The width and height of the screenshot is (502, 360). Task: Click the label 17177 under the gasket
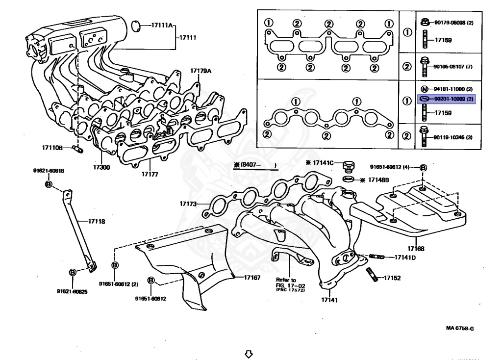150,174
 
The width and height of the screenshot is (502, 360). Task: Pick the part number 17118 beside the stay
97,221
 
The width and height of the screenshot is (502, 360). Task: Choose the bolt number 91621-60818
49,171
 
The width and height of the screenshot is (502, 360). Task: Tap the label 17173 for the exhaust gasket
188,203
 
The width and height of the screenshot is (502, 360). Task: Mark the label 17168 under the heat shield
416,249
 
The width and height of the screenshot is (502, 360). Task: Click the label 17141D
405,257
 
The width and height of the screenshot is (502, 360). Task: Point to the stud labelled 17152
392,278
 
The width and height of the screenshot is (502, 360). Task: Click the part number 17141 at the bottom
329,300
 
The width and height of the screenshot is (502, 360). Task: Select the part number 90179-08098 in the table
450,23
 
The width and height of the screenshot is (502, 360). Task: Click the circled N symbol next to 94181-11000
425,89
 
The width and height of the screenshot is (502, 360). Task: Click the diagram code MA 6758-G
460,329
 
